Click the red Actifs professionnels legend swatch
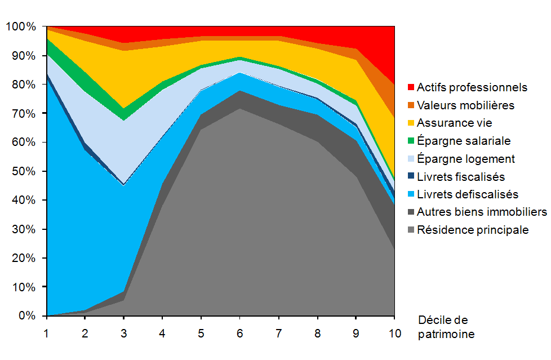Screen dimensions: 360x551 tap(410, 87)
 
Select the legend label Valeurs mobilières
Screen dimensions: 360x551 tap(465, 105)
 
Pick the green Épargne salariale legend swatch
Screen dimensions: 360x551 tap(410, 141)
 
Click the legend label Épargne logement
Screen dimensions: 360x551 tap(466, 159)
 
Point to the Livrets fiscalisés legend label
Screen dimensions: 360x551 tap(461, 177)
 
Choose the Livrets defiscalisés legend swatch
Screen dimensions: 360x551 tap(410, 195)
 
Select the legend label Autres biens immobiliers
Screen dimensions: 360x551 tap(482, 212)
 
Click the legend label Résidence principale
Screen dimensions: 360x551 tap(473, 230)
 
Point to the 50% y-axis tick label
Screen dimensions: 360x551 tap(23, 171)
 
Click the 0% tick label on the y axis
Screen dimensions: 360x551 tap(26, 316)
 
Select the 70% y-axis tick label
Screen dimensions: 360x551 tap(23, 114)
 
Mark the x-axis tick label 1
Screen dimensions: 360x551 tap(47, 333)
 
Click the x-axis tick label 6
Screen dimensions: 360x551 tap(241, 333)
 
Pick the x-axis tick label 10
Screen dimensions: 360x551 tap(395, 333)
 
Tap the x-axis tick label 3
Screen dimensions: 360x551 tap(124, 333)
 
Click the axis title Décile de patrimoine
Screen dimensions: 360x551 tap(446, 327)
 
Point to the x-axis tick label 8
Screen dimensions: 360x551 tap(318, 333)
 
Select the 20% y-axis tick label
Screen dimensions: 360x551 tap(23, 258)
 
